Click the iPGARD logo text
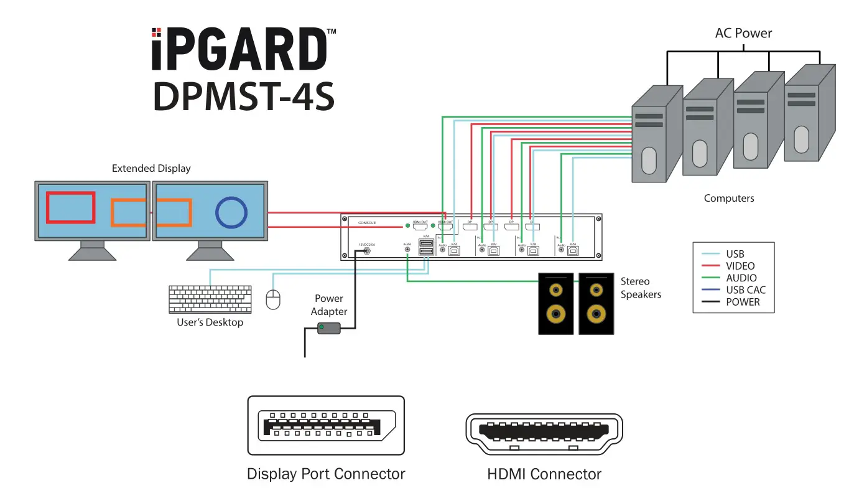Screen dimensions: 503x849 coord(239,49)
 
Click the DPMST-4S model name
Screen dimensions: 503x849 coord(244,96)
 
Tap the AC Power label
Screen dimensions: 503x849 coord(743,33)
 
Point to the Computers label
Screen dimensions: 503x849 coord(728,199)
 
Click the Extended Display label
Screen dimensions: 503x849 coord(151,169)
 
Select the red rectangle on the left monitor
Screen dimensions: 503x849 coord(71,208)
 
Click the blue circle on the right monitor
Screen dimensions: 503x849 coord(232,212)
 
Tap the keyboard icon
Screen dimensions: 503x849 coord(210,300)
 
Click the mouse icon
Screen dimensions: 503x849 coord(273,300)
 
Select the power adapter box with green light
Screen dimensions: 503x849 coord(329,327)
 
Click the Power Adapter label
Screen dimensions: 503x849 coord(329,305)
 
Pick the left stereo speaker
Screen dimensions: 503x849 coord(556,303)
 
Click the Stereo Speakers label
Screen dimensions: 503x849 coord(641,288)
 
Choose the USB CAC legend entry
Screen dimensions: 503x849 coord(745,290)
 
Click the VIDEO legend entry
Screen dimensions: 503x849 coord(740,266)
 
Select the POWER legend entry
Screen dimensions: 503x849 coord(743,302)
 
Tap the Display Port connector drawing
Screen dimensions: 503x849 coord(326,426)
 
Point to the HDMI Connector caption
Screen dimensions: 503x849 coord(544,474)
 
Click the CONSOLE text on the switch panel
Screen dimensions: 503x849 coord(367,223)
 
